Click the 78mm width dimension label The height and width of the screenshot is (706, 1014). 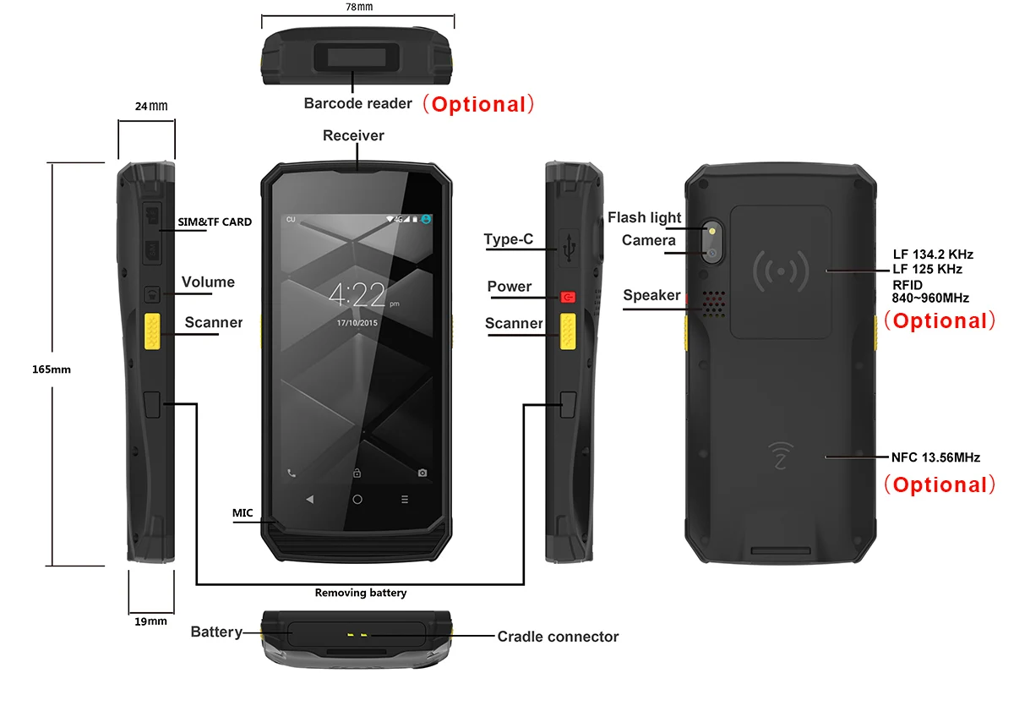pos(359,7)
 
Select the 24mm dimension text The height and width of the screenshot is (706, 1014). pos(151,107)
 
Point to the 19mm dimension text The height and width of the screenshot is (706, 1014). pos(150,621)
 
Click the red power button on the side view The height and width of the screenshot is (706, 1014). pos(568,298)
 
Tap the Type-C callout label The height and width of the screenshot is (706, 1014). pos(509,239)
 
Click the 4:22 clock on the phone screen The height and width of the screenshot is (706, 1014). pos(357,295)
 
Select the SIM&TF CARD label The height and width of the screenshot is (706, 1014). pos(215,222)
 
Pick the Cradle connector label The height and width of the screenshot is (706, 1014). pos(558,637)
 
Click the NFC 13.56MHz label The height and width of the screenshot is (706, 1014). pos(935,457)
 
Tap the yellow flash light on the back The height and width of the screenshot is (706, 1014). pos(712,230)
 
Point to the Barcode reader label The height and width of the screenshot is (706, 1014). pos(358,103)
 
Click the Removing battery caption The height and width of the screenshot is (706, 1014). pos(361,593)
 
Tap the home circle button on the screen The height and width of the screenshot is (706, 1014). pos(357,500)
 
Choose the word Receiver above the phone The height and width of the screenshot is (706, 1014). pos(353,135)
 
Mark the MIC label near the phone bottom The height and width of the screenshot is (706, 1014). pos(243,512)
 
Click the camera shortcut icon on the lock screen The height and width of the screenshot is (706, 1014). pos(422,473)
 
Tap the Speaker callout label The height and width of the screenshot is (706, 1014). pos(651,295)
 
